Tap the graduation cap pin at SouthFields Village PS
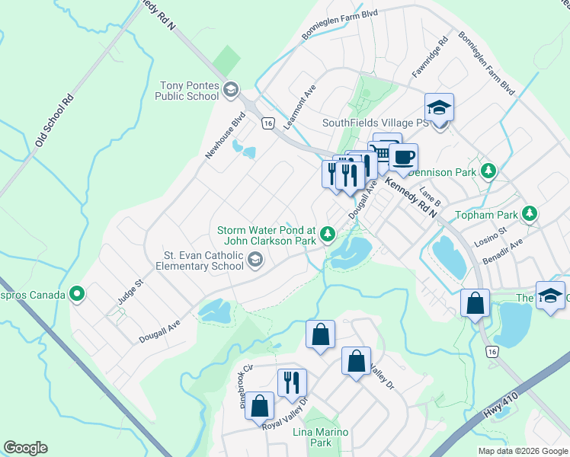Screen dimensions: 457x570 [x=439, y=107]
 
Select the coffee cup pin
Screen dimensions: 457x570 [x=403, y=158]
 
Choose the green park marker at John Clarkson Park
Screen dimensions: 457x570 [x=328, y=234]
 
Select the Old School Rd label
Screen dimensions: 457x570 [x=53, y=122]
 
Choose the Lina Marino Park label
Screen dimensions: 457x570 [x=321, y=437]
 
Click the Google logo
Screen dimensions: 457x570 [x=25, y=448]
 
